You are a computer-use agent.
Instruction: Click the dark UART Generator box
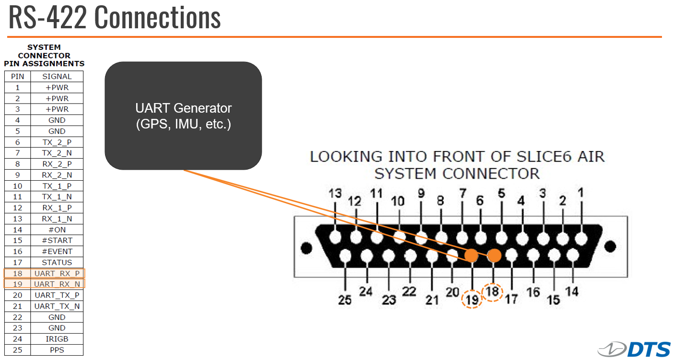point(183,116)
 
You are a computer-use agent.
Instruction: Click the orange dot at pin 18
point(494,255)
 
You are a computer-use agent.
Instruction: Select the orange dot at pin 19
point(471,255)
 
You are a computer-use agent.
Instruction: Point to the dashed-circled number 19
point(472,299)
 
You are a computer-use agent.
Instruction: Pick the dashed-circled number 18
point(492,292)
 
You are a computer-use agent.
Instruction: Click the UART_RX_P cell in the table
point(57,273)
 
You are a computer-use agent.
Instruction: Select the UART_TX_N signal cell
point(57,306)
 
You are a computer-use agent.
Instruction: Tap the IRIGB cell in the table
point(57,339)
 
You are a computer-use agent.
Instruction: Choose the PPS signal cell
point(57,350)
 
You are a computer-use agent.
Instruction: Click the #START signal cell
point(57,241)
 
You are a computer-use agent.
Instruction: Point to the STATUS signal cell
point(57,262)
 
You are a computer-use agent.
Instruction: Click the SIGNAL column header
point(57,76)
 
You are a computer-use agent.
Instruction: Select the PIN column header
point(17,76)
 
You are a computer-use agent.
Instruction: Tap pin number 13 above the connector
point(335,193)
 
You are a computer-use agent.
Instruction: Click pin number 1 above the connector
point(581,192)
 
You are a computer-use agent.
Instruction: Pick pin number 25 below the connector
point(345,300)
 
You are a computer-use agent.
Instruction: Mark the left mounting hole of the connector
point(306,248)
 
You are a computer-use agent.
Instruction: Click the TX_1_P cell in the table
point(57,186)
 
